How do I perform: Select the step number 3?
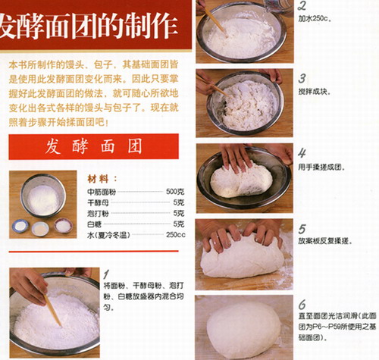point(302,79)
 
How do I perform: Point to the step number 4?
point(302,152)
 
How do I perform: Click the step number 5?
point(302,227)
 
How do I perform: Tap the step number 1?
point(107,272)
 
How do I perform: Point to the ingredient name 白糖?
point(94,224)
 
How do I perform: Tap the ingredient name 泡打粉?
point(99,213)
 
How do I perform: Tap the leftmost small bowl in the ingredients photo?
point(20,227)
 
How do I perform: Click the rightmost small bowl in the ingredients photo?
point(63,227)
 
